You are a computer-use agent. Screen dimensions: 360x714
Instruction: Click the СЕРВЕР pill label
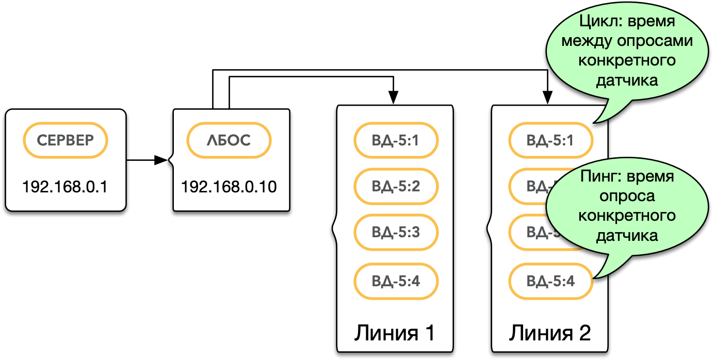pos(66,140)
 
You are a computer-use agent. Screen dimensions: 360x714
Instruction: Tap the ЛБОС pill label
pos(229,140)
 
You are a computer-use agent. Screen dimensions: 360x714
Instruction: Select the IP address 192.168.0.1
pos(65,186)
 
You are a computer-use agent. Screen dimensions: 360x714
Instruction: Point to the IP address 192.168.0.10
pos(229,186)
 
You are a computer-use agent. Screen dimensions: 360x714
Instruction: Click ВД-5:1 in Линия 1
pos(396,140)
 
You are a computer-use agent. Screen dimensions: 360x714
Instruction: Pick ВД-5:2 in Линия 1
pos(396,186)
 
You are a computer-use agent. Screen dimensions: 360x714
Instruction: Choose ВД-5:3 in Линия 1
pos(396,232)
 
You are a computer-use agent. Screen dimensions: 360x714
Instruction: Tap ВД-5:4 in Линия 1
pos(396,282)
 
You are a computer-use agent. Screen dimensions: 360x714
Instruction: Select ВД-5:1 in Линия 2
pos(550,140)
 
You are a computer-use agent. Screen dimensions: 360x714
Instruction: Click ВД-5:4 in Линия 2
pos(550,282)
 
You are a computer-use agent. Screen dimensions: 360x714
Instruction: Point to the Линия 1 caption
pos(394,333)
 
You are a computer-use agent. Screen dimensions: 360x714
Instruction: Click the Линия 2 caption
pos(549,333)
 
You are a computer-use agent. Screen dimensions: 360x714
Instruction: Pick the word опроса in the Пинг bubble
pos(627,196)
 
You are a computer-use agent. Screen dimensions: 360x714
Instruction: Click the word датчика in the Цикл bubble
pos(627,80)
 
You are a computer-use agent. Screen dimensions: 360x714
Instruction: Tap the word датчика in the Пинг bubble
pos(627,235)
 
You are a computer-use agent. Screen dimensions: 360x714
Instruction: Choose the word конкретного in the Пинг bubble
pos(627,216)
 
